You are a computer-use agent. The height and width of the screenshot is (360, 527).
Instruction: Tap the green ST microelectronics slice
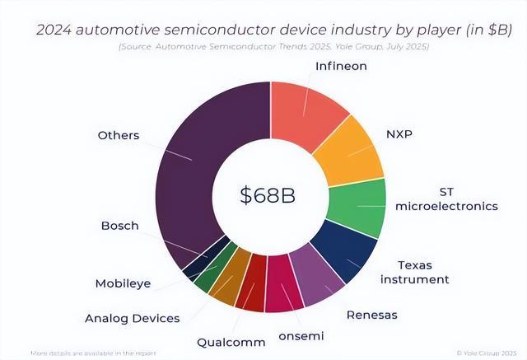click(x=357, y=205)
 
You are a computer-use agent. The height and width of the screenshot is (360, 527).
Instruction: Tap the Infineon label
click(x=341, y=65)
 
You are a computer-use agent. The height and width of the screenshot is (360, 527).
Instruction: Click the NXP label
click(x=400, y=133)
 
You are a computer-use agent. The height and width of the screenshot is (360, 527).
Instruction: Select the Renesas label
click(x=371, y=314)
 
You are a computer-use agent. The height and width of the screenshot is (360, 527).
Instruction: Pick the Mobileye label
click(x=122, y=284)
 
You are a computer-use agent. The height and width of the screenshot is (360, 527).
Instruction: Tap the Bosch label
click(x=119, y=225)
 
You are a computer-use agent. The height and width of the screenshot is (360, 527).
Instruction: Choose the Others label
click(x=119, y=135)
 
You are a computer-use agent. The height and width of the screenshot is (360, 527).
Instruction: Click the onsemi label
click(x=301, y=335)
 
